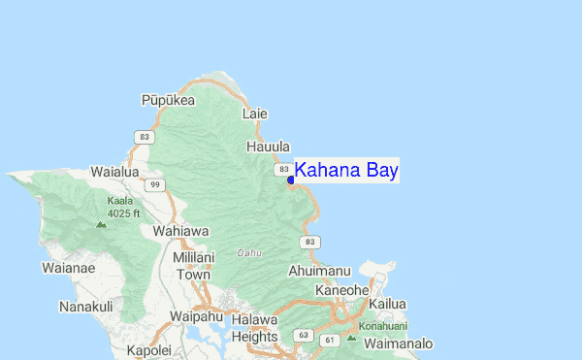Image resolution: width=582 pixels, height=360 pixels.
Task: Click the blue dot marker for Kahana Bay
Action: tap(291, 180)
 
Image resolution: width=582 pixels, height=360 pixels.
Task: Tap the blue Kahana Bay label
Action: tap(346, 171)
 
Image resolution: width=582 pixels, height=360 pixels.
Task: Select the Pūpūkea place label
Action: tap(168, 100)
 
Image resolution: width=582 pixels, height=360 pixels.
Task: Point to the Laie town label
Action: tap(255, 114)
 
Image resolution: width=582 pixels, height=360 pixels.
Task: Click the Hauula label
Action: tap(268, 147)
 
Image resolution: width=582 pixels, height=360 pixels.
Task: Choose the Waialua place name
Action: tap(114, 171)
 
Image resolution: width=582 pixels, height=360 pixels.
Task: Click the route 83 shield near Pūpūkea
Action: tap(145, 137)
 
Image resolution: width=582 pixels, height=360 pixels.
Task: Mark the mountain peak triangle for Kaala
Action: tap(101, 223)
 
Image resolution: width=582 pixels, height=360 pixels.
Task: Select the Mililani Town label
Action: tap(192, 266)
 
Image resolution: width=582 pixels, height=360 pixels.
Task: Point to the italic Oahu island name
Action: tap(249, 253)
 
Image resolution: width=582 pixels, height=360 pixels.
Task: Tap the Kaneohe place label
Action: tap(341, 289)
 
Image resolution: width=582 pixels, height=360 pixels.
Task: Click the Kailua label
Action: tap(387, 304)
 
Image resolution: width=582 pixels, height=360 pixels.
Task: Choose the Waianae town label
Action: tap(68, 267)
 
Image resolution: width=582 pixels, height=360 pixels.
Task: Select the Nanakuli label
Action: tap(85, 307)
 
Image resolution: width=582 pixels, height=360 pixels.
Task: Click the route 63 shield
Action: tap(304, 335)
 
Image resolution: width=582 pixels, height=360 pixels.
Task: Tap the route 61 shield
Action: tap(330, 340)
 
